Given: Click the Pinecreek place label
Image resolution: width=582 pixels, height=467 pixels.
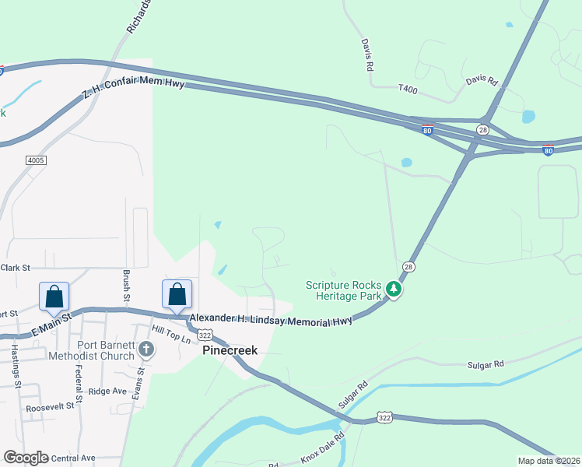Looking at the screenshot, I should pos(230,350).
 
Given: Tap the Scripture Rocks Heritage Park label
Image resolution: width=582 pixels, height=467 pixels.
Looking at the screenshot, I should pos(343,290).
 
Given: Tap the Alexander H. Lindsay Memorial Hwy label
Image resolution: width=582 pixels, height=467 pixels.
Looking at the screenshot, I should pos(271,320).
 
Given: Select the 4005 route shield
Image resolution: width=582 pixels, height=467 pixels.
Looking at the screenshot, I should pos(36,160).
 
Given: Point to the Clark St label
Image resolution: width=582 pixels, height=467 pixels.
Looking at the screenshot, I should pos(15,268).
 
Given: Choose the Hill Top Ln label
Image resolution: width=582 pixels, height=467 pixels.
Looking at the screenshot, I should pos(171,335).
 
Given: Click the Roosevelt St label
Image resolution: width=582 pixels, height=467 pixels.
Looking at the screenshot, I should pos(50,406).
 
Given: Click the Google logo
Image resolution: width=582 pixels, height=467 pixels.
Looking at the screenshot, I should pos(26,458).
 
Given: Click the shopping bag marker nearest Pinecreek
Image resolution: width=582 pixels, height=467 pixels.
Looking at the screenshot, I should pos(177,295).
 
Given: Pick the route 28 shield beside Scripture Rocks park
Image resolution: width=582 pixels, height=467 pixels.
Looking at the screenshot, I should pos(408,267).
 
